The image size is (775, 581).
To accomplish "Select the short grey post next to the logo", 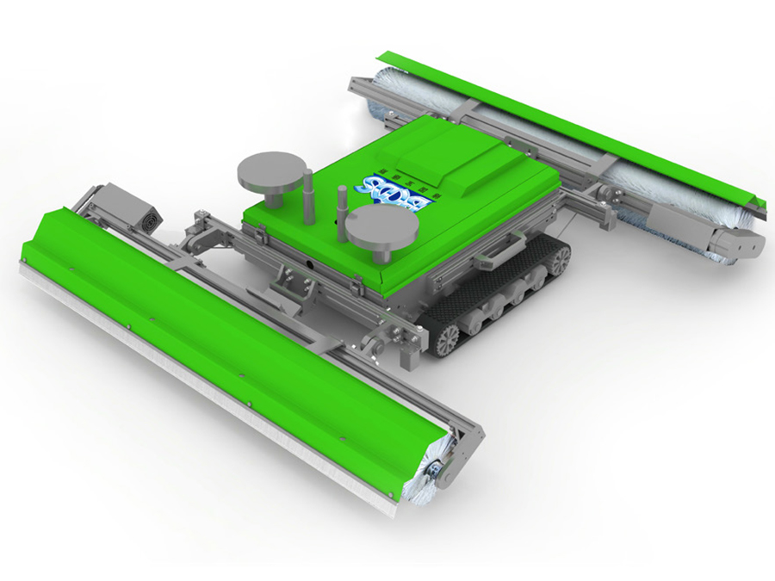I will (x=341, y=203).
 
